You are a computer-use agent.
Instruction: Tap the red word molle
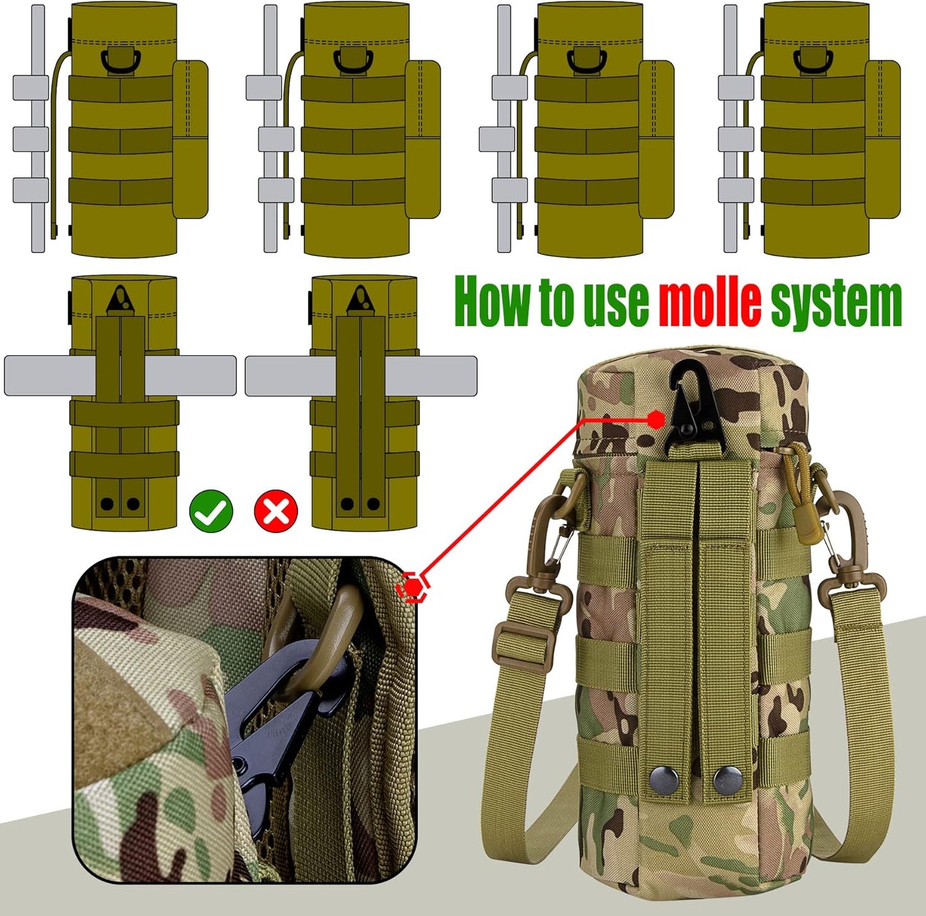tap(709, 301)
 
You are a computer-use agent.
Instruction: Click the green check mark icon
tap(211, 510)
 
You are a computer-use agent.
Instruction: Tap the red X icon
tap(276, 510)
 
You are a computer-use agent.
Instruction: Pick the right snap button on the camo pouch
tap(728, 779)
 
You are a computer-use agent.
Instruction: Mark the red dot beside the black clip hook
tap(656, 420)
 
